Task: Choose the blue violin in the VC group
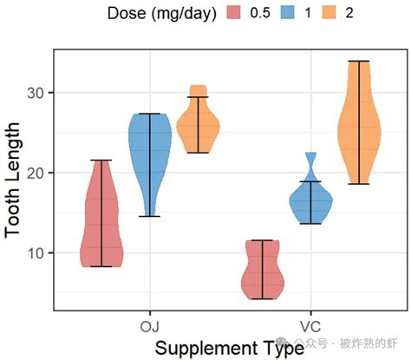[310, 204]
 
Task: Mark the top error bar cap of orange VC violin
[358, 61]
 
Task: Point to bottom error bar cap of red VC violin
[262, 299]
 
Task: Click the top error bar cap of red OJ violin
[101, 160]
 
